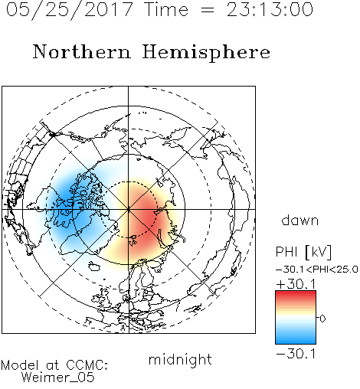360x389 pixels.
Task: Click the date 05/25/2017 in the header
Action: pyautogui.click(x=70, y=10)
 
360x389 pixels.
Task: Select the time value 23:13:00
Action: pyautogui.click(x=270, y=9)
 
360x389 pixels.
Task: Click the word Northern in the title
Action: pyautogui.click(x=82, y=51)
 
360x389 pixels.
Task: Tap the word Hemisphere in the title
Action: pyautogui.click(x=206, y=53)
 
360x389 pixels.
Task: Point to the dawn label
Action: pyautogui.click(x=300, y=221)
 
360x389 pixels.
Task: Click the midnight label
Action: pyautogui.click(x=180, y=360)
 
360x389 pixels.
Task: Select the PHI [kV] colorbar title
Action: pyautogui.click(x=303, y=252)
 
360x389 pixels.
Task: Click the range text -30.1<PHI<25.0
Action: pyautogui.click(x=317, y=270)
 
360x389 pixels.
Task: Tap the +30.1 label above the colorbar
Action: pyautogui.click(x=296, y=284)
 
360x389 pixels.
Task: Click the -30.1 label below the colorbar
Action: pyautogui.click(x=296, y=354)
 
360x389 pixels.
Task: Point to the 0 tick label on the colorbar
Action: pyautogui.click(x=322, y=319)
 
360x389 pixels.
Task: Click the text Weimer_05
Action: pyautogui.click(x=58, y=378)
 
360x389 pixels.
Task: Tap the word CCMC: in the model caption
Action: pyautogui.click(x=87, y=365)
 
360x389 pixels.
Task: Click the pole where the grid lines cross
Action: pyautogui.click(x=129, y=209)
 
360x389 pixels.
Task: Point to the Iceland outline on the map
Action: pyautogui.click(x=94, y=266)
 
